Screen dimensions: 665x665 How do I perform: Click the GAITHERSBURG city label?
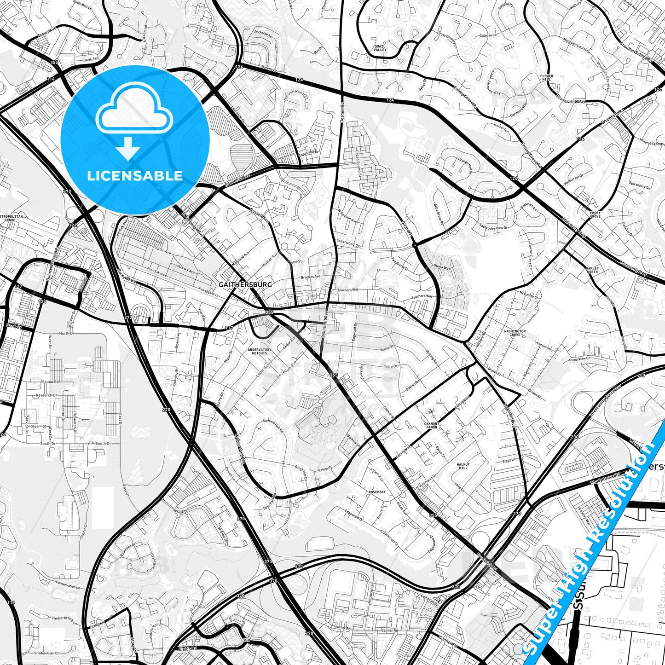(245, 284)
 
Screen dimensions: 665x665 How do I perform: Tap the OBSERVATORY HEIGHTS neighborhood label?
(260, 351)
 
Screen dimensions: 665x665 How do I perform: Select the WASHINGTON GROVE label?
(515, 333)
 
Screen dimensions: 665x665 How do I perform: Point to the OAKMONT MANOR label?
(431, 425)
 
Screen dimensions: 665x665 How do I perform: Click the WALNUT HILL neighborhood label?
(463, 466)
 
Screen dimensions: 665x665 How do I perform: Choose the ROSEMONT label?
(377, 492)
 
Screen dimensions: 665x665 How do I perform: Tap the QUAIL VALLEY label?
(380, 48)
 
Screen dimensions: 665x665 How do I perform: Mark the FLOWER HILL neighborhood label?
(547, 78)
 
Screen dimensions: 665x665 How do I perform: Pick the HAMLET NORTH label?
(592, 270)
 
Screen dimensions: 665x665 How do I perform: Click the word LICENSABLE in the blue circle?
(135, 175)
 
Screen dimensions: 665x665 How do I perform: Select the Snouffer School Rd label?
(636, 51)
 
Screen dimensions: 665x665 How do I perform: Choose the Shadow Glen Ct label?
(46, 653)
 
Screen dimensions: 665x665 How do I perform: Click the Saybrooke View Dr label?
(493, 227)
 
